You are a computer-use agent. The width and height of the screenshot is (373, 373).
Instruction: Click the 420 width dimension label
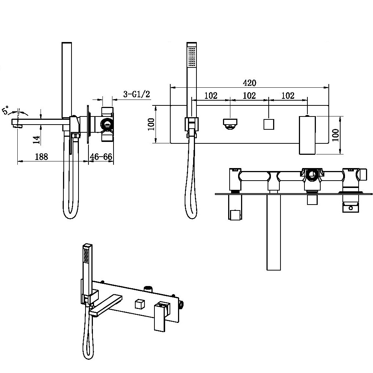[x=250, y=83]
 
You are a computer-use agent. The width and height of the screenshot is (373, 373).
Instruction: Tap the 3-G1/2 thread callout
[x=136, y=94]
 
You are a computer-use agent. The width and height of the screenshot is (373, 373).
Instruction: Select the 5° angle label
[x=6, y=110]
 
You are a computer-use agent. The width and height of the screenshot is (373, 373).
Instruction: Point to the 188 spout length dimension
[x=41, y=157]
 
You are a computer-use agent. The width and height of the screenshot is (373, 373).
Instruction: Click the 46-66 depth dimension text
[x=101, y=157]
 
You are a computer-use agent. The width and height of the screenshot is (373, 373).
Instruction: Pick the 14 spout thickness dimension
[x=36, y=140]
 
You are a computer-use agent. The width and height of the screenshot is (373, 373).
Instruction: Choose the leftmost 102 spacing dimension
[x=211, y=95]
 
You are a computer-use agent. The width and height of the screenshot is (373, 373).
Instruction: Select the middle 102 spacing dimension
[x=249, y=95]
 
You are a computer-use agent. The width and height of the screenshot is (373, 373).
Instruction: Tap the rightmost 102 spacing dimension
[x=288, y=95]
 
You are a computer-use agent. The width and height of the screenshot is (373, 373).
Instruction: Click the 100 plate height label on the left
[x=151, y=124]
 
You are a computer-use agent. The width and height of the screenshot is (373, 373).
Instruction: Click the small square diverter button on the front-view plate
[x=269, y=124]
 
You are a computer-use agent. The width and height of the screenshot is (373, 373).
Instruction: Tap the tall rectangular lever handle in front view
[x=307, y=135]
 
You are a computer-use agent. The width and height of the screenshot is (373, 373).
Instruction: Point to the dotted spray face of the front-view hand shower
[x=192, y=57]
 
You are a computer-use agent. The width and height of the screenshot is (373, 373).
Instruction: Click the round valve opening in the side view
[x=106, y=124]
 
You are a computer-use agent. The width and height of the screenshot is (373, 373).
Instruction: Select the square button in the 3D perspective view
[x=140, y=304]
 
